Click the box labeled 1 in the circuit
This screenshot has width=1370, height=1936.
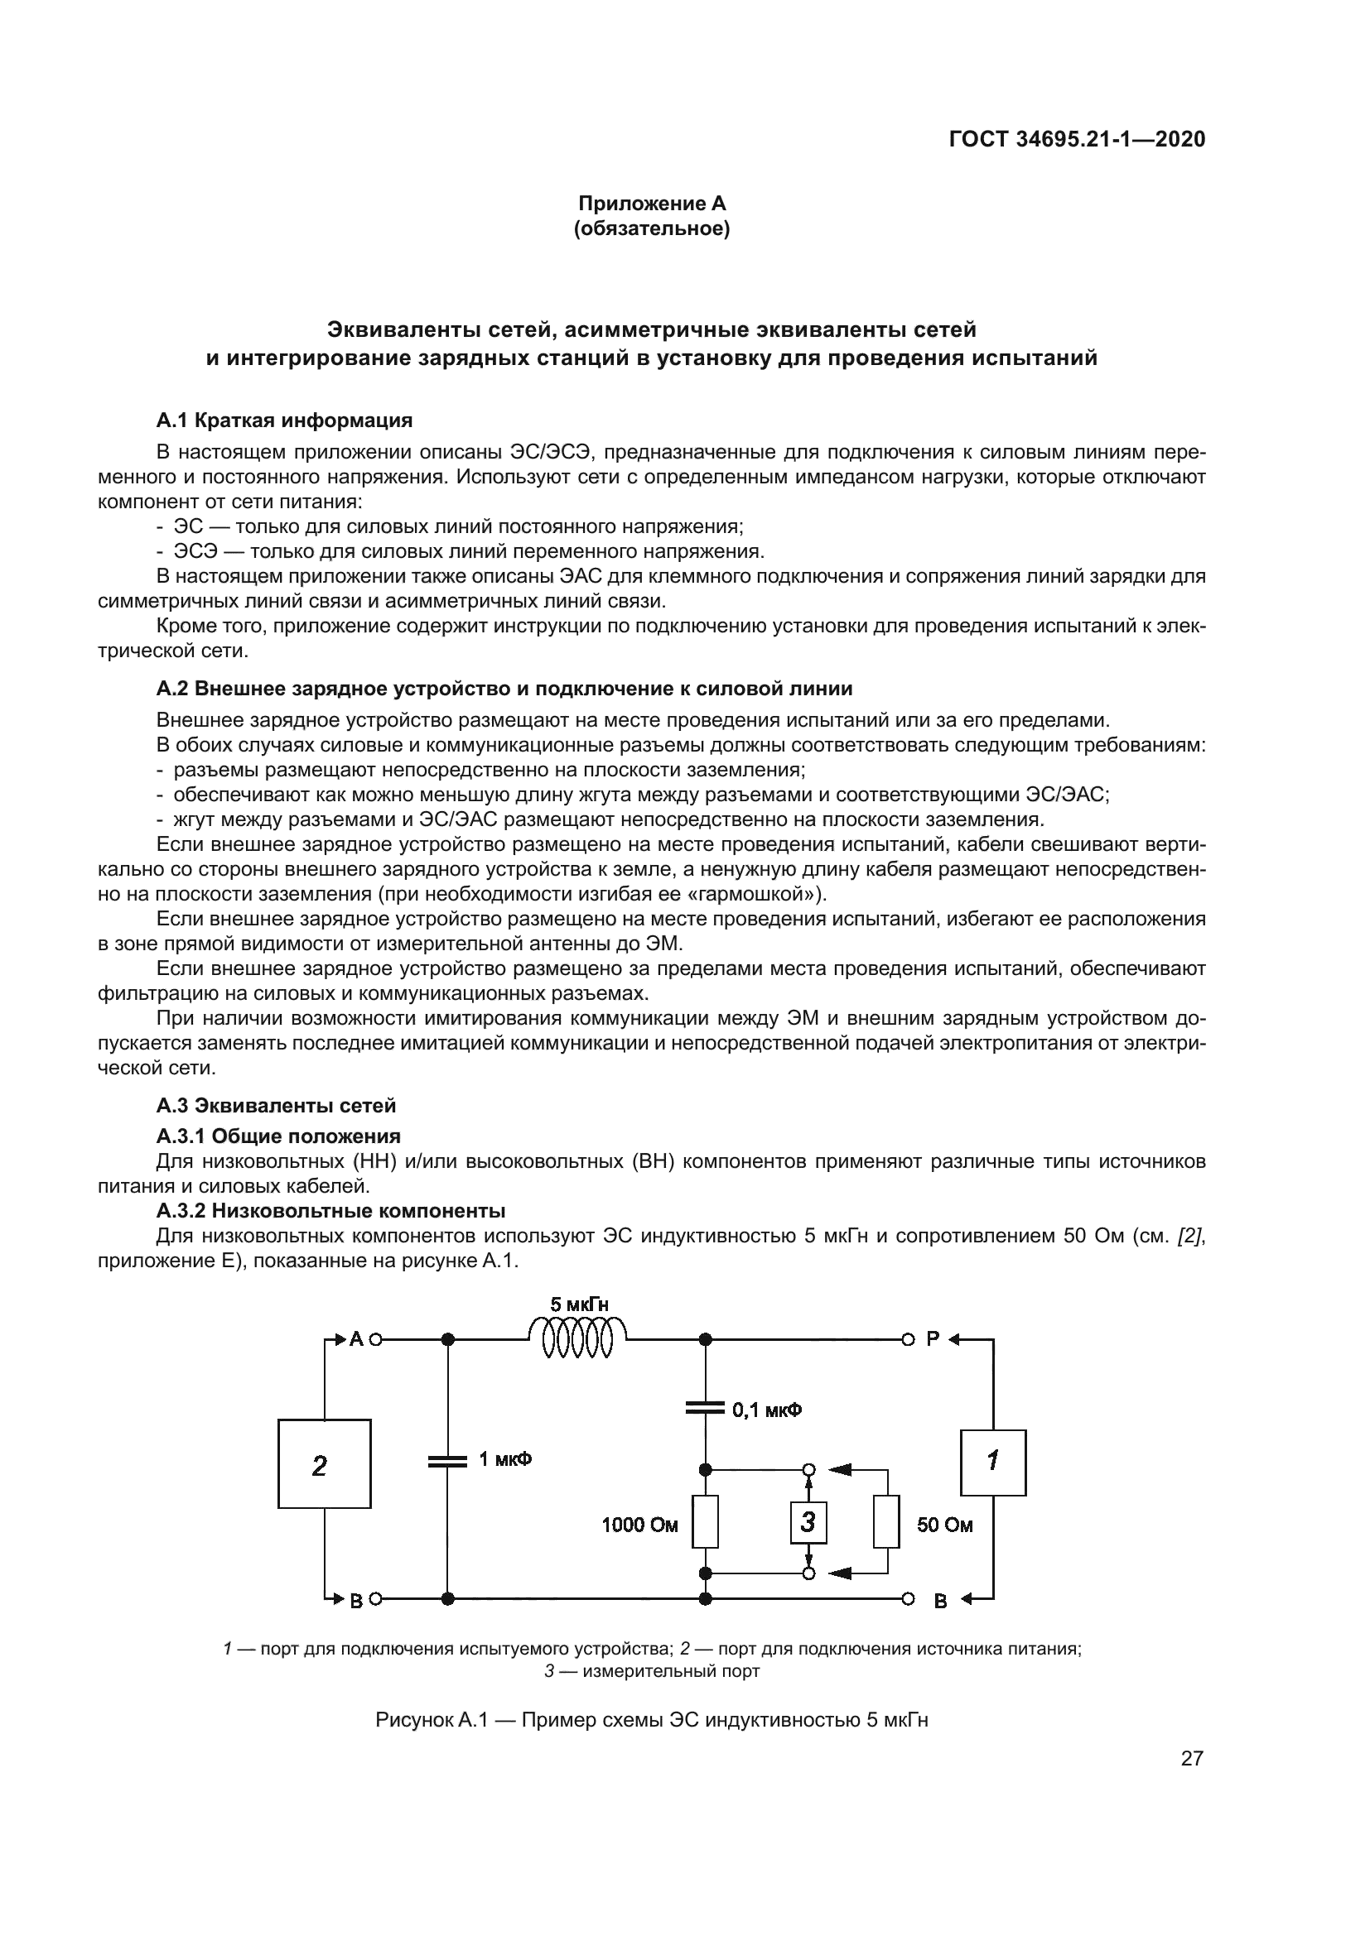click(993, 1462)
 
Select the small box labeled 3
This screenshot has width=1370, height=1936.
click(808, 1522)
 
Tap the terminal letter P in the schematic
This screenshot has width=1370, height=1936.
click(932, 1338)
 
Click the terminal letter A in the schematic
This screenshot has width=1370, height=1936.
click(357, 1338)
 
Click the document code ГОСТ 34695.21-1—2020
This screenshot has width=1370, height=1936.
click(1078, 139)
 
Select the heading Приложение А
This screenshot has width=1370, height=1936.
click(652, 204)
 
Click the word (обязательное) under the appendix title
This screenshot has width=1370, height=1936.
click(652, 228)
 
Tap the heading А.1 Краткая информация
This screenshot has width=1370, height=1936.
click(284, 420)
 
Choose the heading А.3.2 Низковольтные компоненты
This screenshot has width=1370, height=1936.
click(330, 1211)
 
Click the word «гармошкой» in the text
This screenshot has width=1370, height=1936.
click(747, 893)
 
